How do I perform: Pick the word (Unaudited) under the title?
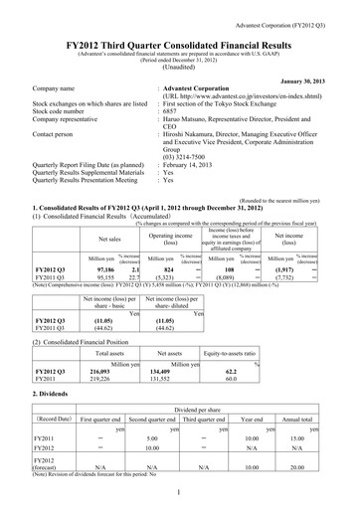click(179, 59)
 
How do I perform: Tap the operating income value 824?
click(168, 269)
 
